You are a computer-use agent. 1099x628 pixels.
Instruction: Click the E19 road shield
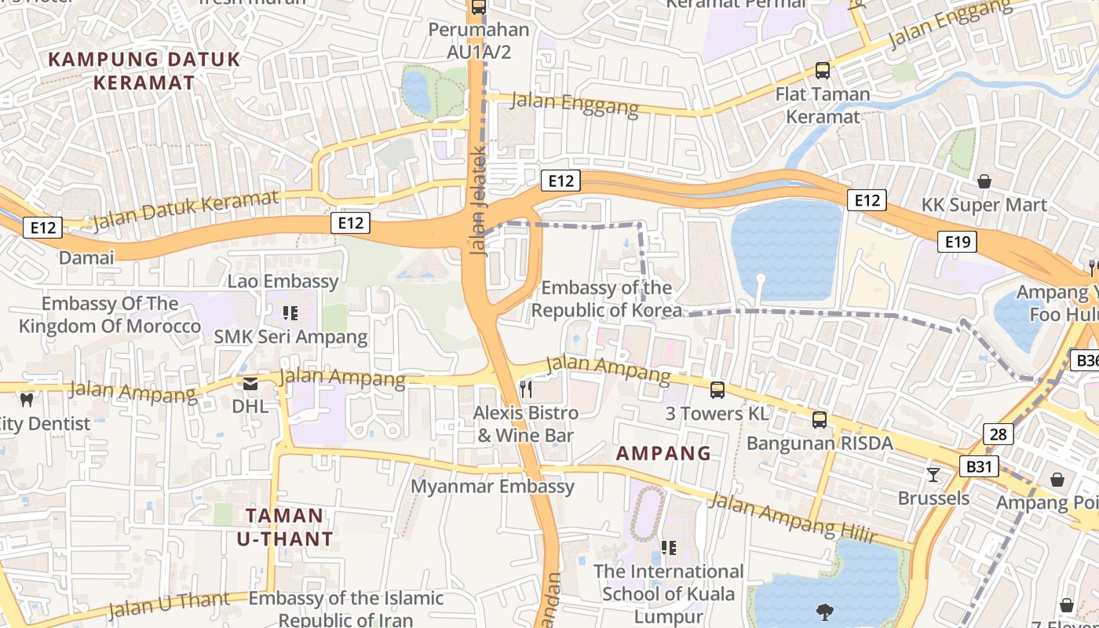click(x=958, y=242)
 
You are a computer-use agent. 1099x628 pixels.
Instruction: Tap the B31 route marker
click(x=979, y=467)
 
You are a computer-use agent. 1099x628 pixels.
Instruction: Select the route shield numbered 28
click(x=999, y=434)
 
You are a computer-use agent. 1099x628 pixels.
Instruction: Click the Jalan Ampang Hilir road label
click(x=793, y=518)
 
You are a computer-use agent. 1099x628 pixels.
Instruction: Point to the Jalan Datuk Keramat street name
click(x=185, y=211)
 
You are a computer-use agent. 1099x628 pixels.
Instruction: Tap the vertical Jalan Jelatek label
click(x=478, y=200)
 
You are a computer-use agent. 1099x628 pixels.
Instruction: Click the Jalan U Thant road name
click(x=169, y=604)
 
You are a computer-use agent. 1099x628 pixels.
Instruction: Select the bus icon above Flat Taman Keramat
click(x=823, y=71)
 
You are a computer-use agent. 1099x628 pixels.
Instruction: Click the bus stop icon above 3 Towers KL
click(x=717, y=390)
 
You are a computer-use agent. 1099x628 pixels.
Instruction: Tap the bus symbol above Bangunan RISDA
click(x=820, y=420)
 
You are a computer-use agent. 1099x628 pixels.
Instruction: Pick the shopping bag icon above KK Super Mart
click(x=984, y=182)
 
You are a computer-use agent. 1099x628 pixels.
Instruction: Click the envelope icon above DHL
click(x=250, y=384)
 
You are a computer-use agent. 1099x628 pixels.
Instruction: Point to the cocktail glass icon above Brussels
click(x=933, y=474)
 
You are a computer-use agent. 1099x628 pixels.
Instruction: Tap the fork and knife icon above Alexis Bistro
click(x=526, y=389)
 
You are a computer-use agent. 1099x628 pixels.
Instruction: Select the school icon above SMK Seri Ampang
click(x=290, y=314)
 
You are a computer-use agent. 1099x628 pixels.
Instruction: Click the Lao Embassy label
click(x=283, y=281)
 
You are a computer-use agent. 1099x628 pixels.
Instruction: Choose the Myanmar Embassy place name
click(x=493, y=487)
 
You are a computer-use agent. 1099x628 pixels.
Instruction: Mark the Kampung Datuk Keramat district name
click(x=144, y=71)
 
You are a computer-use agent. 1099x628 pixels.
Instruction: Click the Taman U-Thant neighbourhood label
click(x=285, y=527)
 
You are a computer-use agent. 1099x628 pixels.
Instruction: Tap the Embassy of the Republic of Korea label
click(x=607, y=299)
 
